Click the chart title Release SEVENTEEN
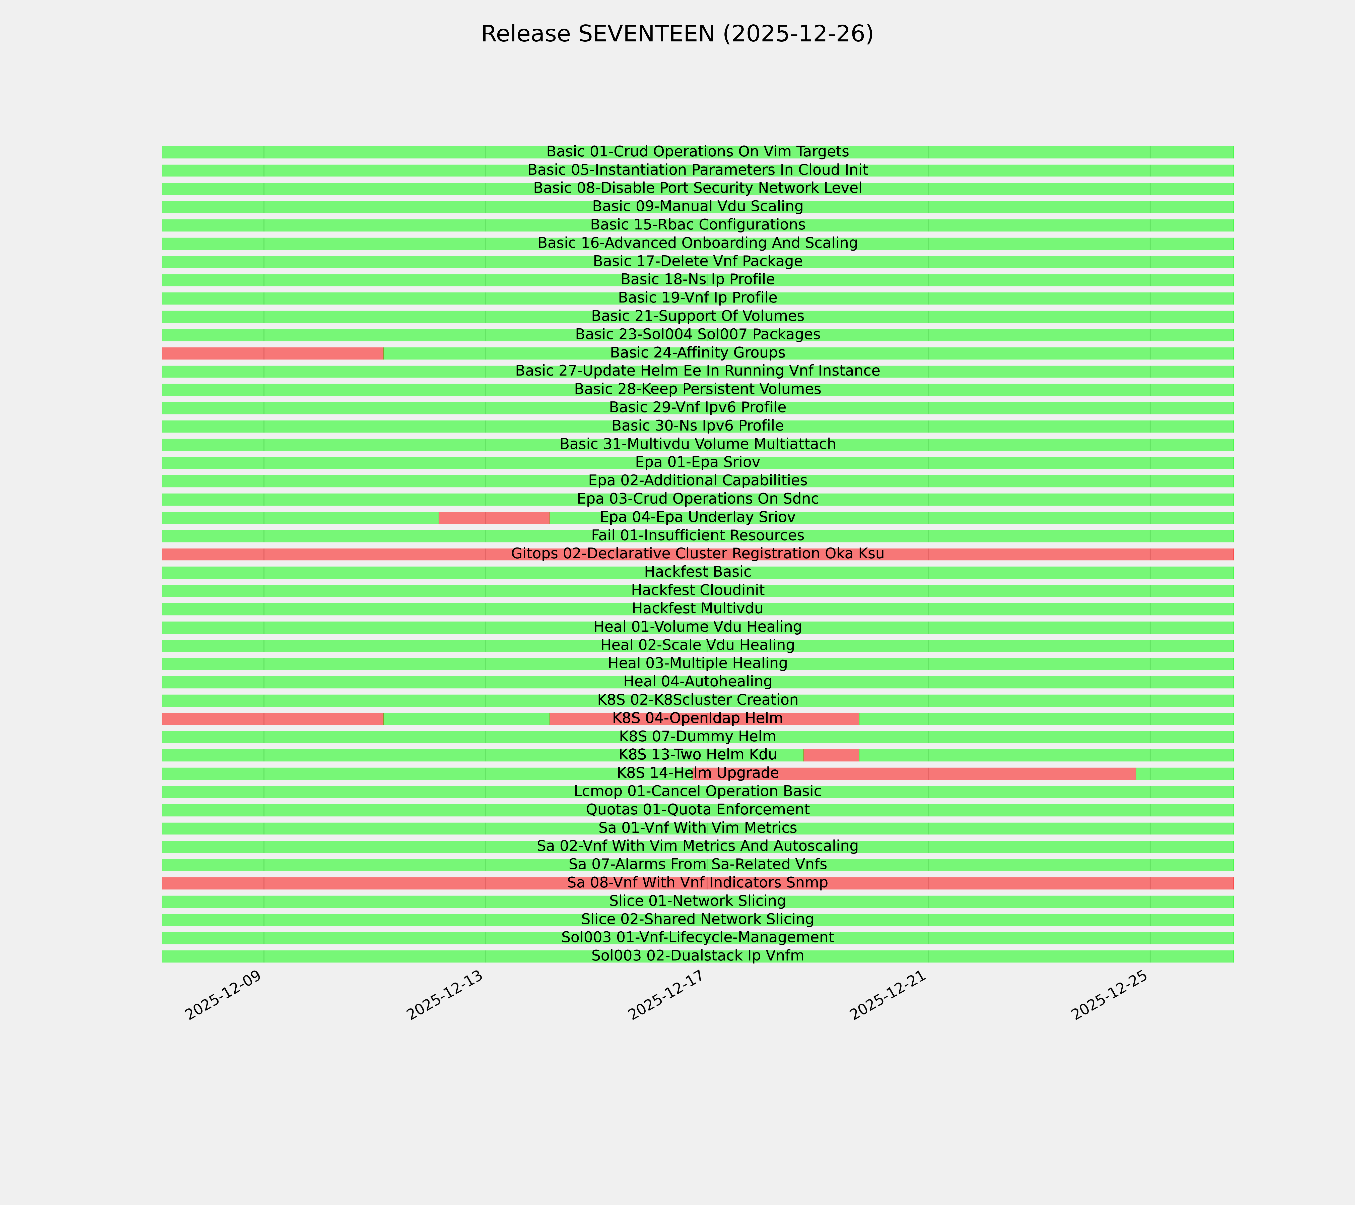(x=677, y=34)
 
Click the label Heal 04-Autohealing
(x=697, y=682)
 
